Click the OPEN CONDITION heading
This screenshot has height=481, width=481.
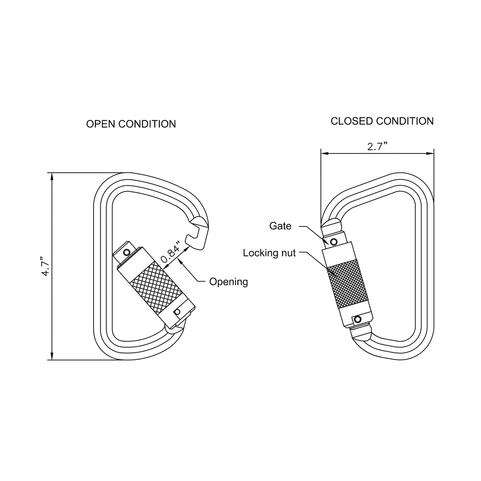tap(131, 124)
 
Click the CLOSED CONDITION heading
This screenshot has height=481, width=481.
tap(382, 121)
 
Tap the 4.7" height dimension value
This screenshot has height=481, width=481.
tap(45, 266)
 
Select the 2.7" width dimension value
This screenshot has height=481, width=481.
tap(377, 146)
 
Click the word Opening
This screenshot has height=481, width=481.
tap(228, 282)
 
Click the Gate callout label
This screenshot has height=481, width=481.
tap(280, 226)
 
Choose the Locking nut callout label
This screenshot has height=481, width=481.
tap(269, 253)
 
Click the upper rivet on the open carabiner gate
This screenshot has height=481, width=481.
tap(127, 252)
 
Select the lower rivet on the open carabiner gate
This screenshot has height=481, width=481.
tap(177, 312)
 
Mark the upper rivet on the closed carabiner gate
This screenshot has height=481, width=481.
tap(333, 242)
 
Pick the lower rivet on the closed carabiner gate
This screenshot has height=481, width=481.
tap(356, 319)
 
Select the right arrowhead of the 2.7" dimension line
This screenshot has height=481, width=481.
tap(431, 153)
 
